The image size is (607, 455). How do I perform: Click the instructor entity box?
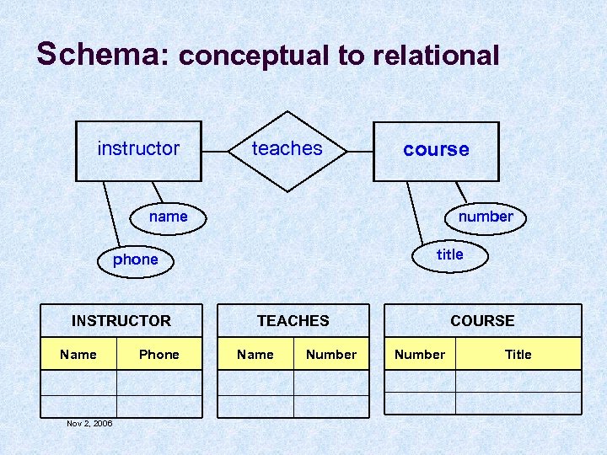[139, 151]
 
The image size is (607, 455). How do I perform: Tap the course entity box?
[436, 151]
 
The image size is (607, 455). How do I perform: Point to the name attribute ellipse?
[169, 217]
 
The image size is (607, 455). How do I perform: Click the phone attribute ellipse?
[136, 260]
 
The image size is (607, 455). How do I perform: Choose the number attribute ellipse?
[486, 217]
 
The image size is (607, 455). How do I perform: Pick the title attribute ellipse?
[450, 254]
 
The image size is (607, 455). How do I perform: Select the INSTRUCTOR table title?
[121, 320]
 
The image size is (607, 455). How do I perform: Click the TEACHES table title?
[293, 320]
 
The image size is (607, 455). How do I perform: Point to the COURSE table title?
[482, 320]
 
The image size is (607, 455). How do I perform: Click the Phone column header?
[159, 354]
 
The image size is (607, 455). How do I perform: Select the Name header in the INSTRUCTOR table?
[78, 354]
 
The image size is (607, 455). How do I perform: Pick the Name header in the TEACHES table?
[255, 354]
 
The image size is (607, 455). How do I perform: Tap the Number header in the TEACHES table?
[331, 354]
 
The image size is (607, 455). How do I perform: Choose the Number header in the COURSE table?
[420, 354]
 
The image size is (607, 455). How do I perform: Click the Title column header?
[518, 354]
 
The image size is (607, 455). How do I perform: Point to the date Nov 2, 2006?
[89, 423]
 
